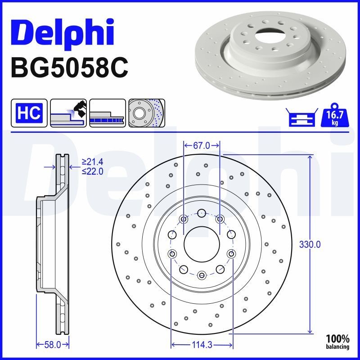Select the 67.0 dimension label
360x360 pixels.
(x=202, y=145)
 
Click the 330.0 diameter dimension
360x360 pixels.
(x=310, y=244)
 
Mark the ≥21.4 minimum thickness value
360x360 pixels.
(x=93, y=161)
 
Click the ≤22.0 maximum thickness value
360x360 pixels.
(x=93, y=171)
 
